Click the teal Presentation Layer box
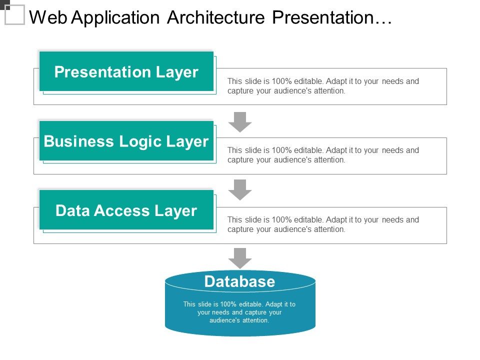[x=126, y=71]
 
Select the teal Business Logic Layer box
[x=126, y=141]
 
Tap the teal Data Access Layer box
[x=126, y=210]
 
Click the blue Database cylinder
[x=240, y=303]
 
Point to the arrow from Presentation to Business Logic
[x=240, y=122]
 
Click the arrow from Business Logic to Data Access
[x=240, y=190]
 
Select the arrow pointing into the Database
[x=240, y=258]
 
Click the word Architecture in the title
[x=216, y=17]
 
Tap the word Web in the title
[x=48, y=17]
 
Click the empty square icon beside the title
[x=14, y=14]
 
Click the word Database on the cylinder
[x=239, y=281]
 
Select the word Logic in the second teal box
[x=140, y=142]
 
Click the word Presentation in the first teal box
[x=102, y=72]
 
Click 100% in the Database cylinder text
[x=228, y=304]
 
